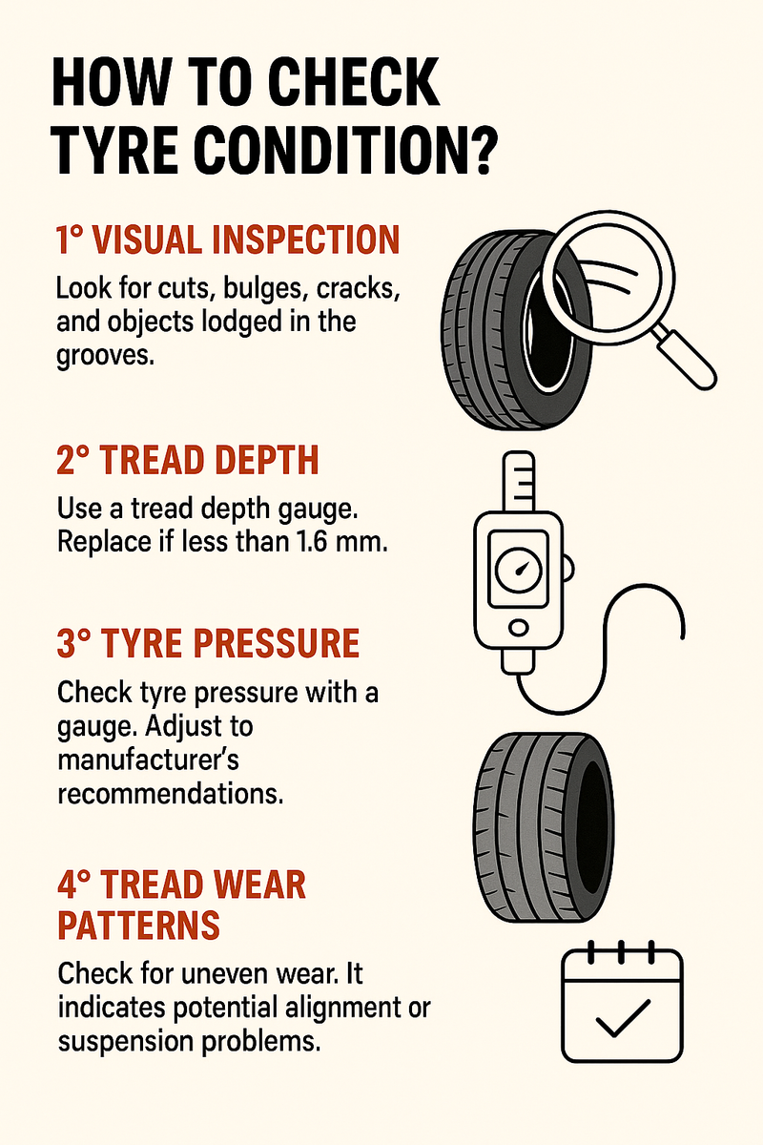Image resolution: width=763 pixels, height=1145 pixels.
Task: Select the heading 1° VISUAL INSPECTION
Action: click(226, 241)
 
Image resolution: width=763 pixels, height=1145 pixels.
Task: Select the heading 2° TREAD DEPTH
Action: click(188, 462)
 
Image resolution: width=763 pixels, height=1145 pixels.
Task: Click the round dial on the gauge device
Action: click(518, 570)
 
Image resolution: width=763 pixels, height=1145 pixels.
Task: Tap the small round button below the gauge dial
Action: click(518, 628)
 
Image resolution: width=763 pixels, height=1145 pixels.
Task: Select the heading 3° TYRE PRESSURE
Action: click(208, 646)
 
